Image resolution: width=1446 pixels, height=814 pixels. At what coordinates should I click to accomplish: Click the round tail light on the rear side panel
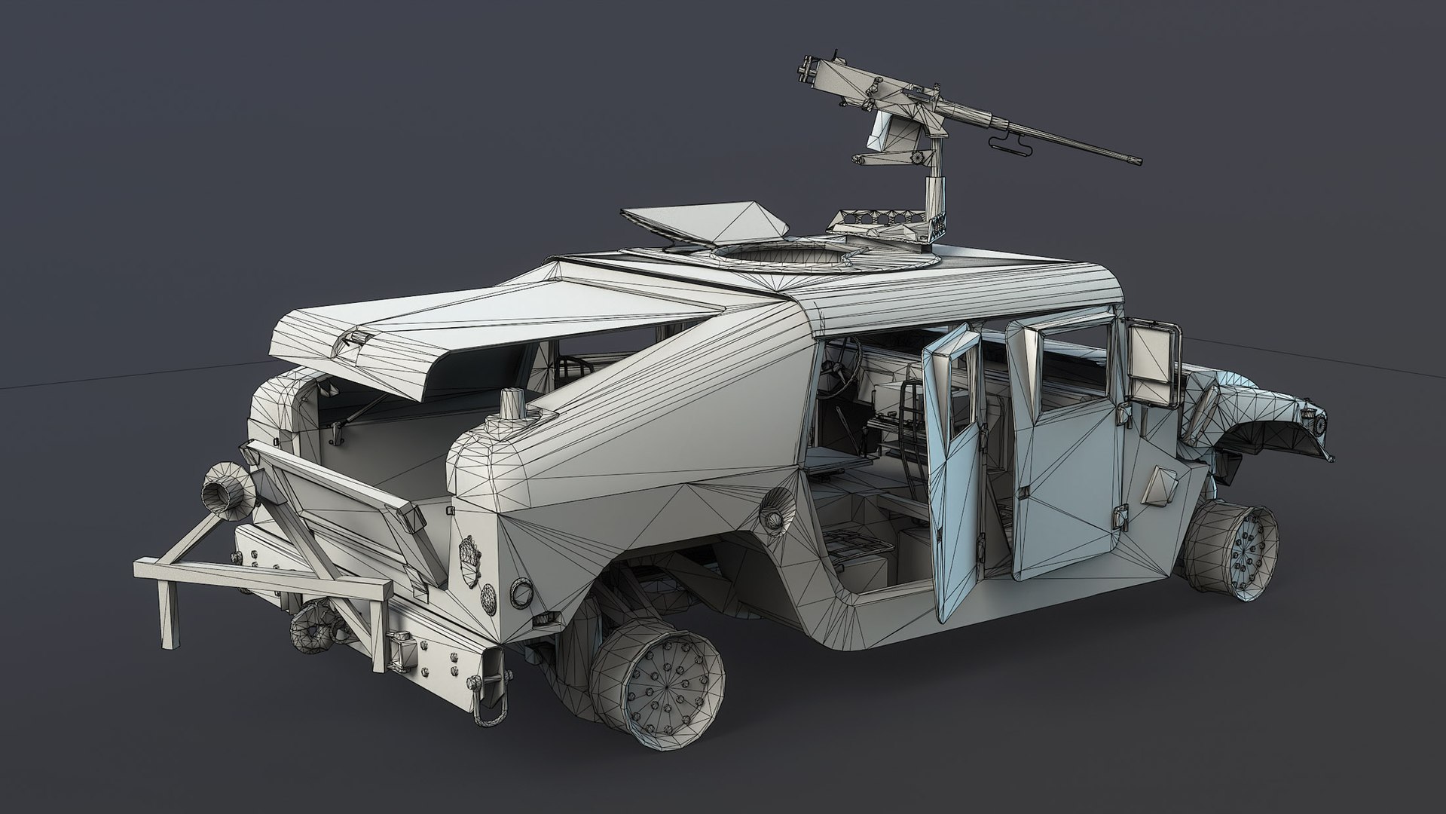coord(521,593)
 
